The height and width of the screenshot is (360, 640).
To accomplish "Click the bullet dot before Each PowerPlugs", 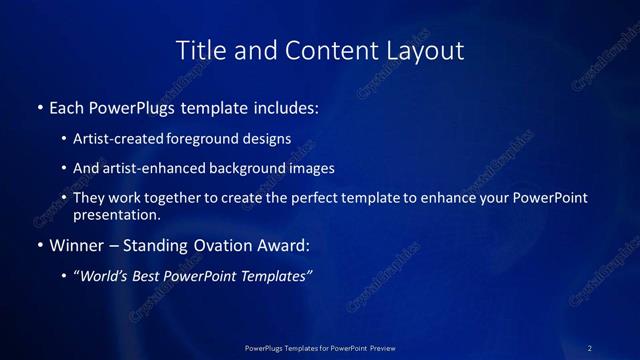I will [40, 105].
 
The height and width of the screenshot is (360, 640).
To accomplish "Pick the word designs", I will [269, 139].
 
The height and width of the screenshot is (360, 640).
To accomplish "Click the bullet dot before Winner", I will [40, 245].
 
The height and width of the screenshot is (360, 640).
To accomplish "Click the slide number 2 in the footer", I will [590, 347].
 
